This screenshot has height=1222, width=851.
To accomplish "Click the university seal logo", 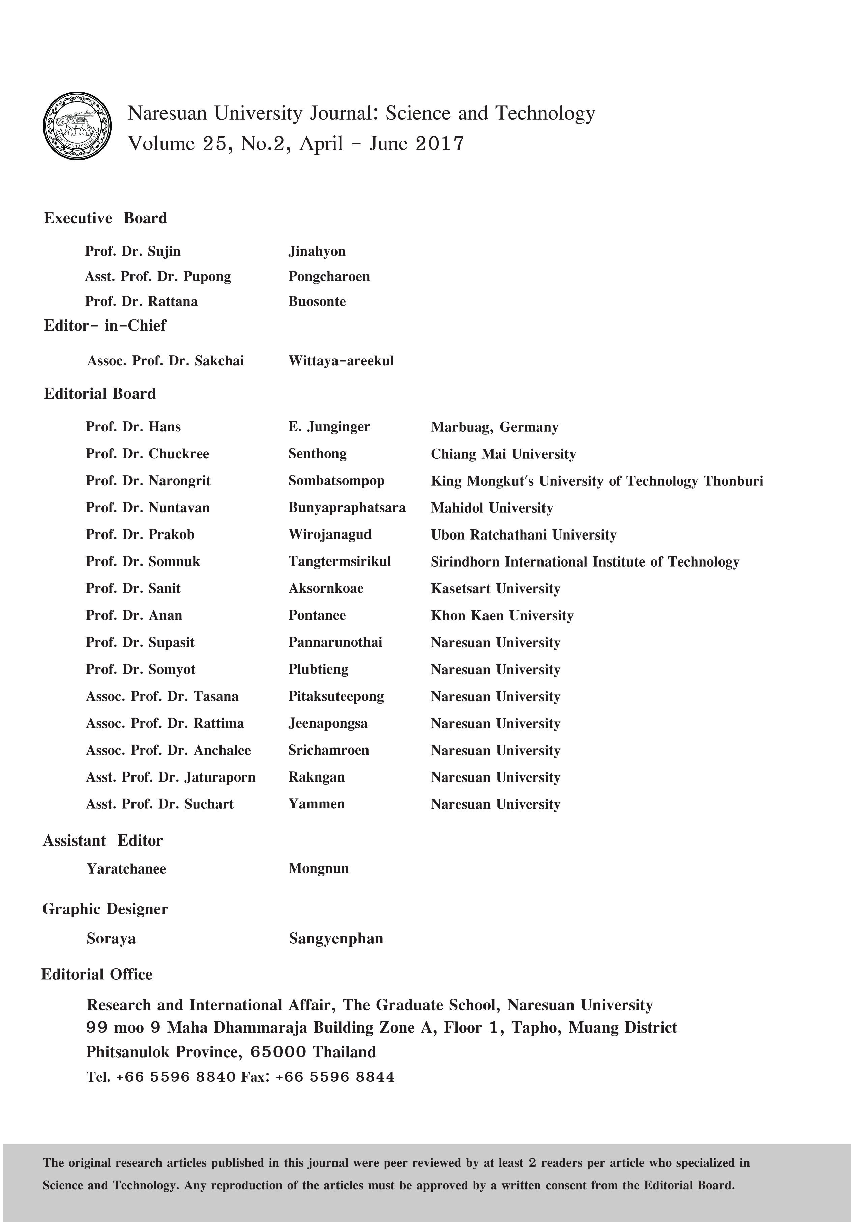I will (77, 126).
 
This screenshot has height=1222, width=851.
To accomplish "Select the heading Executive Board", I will (106, 218).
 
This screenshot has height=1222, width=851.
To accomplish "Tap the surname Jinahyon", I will (317, 251).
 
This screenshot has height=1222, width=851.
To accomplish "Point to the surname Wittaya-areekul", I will (341, 361).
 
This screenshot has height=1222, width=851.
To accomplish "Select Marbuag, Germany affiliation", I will (494, 427).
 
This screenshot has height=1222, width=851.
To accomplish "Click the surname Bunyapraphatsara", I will (347, 508).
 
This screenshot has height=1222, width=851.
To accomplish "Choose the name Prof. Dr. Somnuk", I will (143, 561).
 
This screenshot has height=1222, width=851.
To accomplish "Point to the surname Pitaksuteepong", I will (336, 696).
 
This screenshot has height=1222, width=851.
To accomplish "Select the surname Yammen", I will (316, 804).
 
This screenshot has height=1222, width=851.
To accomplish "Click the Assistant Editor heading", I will (103, 841).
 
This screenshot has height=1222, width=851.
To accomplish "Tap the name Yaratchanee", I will (126, 868).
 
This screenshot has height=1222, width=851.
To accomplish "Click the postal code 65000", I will (278, 1052).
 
